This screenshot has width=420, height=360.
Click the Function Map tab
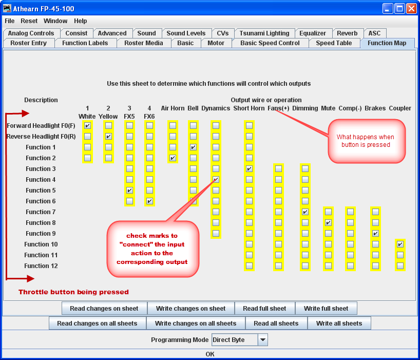click(x=387, y=43)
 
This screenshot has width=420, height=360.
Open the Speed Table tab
click(x=334, y=43)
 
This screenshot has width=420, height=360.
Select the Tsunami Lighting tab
click(x=264, y=33)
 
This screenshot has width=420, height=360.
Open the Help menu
click(x=80, y=21)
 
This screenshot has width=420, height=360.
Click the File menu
click(x=10, y=21)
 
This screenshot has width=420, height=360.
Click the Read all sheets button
click(x=276, y=324)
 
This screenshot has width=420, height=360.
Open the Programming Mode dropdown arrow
click(x=262, y=340)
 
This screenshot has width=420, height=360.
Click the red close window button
click(x=411, y=8)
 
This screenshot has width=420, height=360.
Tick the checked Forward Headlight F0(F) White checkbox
click(x=88, y=126)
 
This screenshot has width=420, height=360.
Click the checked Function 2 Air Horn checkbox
click(x=173, y=158)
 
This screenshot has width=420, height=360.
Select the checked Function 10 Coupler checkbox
click(x=400, y=244)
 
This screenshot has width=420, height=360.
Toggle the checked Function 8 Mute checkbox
click(x=328, y=223)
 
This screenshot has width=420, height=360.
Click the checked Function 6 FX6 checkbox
click(x=149, y=201)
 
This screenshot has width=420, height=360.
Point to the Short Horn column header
click(x=249, y=108)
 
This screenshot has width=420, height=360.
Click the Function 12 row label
click(x=41, y=266)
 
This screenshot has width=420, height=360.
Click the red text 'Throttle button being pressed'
click(x=73, y=292)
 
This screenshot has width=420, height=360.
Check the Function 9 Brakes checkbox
click(x=375, y=234)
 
